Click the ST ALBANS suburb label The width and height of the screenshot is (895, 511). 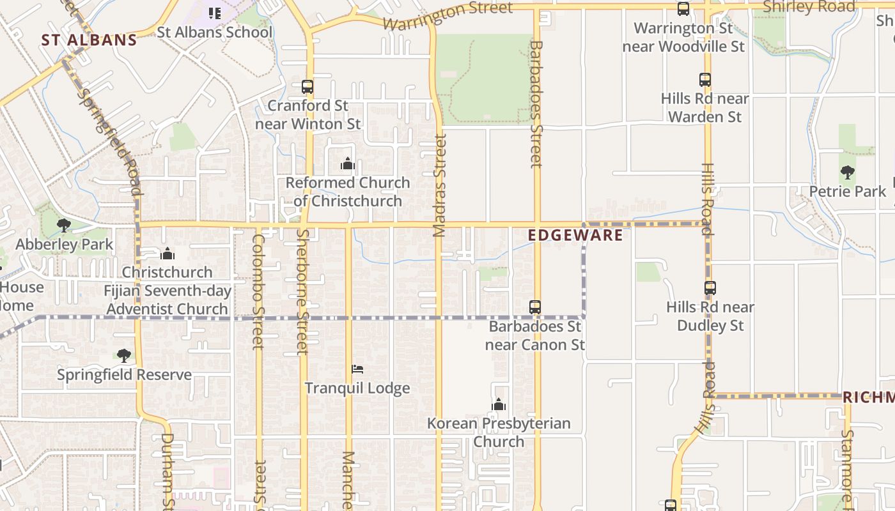click(x=89, y=40)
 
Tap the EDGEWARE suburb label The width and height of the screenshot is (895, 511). click(x=575, y=235)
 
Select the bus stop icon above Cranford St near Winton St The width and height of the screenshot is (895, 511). click(x=307, y=86)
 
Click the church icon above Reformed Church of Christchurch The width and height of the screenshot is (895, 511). click(x=348, y=164)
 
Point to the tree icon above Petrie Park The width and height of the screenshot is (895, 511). click(x=848, y=172)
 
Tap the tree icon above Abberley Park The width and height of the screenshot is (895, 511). click(x=63, y=225)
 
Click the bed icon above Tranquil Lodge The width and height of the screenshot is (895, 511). click(x=357, y=369)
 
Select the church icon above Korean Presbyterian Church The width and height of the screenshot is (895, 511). click(x=499, y=404)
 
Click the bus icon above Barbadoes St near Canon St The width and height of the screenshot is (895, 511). click(x=535, y=307)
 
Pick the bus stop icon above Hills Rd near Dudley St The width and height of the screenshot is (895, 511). click(x=710, y=288)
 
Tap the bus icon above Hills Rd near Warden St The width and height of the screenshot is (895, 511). click(x=705, y=80)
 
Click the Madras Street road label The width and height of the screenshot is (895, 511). click(x=439, y=185)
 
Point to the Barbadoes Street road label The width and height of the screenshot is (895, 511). click(x=536, y=103)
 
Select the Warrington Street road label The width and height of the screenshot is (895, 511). click(x=447, y=17)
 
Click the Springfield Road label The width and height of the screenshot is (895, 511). click(x=109, y=141)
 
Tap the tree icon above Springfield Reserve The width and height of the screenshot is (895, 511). click(x=124, y=355)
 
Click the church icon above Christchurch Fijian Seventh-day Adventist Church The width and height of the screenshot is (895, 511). click(x=167, y=254)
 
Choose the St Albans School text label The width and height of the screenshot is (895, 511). click(x=215, y=32)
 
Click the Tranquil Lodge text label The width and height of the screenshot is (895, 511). click(x=357, y=388)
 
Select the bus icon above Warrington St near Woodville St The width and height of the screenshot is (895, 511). click(x=683, y=9)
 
